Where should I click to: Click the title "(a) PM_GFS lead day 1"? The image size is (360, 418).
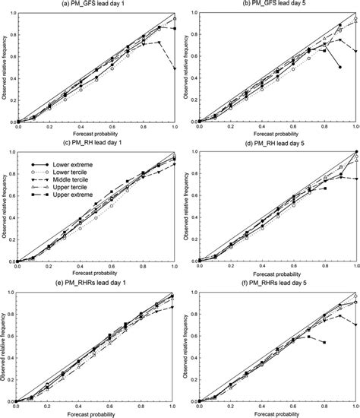click(95, 5)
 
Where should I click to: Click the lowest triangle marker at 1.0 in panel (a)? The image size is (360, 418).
click(175, 69)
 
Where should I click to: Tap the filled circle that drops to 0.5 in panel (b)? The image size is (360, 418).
click(340, 68)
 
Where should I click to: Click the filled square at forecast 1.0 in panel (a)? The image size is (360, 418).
click(175, 29)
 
